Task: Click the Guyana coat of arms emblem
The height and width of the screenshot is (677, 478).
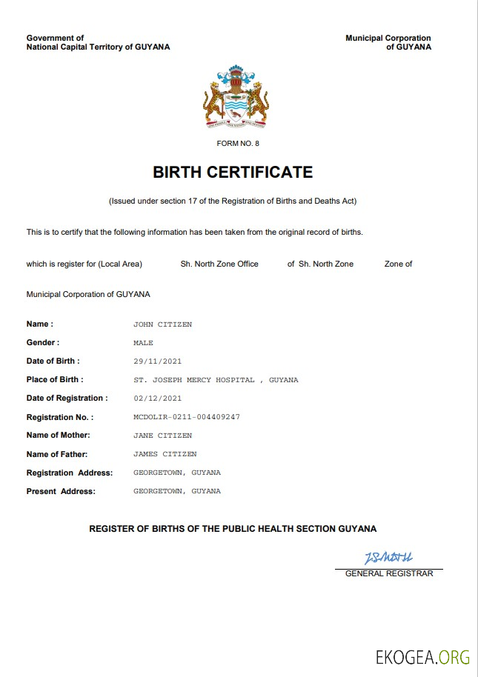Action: [236, 97]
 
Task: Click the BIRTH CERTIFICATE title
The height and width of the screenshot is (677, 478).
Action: [233, 173]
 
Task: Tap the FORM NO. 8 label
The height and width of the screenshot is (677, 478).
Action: [238, 143]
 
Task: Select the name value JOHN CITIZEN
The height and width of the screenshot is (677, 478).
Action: [162, 324]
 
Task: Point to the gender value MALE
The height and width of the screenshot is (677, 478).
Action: [143, 343]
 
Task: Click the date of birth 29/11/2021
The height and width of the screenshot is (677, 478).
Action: [157, 361]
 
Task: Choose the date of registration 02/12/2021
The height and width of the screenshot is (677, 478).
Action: [157, 398]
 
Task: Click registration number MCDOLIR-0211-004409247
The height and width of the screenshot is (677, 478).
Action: [186, 417]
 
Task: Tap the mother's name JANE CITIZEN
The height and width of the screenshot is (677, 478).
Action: [162, 436]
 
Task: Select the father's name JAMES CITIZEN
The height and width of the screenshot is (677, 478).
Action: [165, 454]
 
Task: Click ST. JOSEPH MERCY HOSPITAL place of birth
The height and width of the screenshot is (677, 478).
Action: [216, 380]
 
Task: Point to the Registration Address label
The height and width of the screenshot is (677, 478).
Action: [70, 473]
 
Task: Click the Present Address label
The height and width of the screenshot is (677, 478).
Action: [61, 491]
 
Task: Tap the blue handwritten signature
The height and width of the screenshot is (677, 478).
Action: [388, 557]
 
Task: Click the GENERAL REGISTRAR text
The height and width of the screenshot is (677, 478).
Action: [389, 573]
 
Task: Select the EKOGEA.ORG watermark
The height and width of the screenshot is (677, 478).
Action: [422, 656]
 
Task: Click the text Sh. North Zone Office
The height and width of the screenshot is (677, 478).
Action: [219, 264]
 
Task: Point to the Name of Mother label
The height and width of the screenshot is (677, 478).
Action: [58, 436]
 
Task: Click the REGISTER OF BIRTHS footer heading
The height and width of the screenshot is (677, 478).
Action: [233, 529]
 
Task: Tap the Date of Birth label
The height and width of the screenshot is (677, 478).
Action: [53, 361]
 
